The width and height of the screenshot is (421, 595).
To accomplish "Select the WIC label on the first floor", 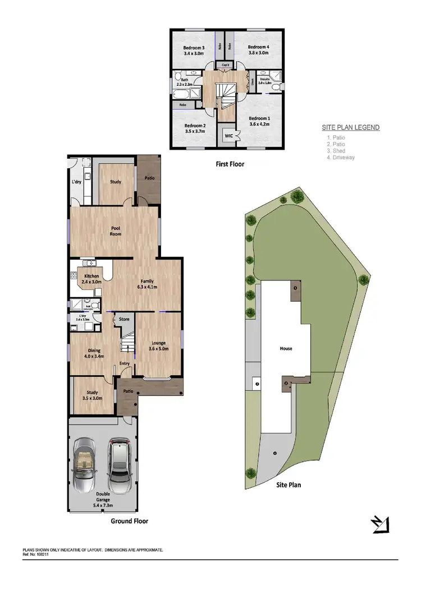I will tap(229, 136).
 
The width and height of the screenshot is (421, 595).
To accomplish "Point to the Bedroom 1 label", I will tap(259, 118).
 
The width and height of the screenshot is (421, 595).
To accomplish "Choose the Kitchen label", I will tap(91, 276).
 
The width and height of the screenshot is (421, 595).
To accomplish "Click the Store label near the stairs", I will tap(124, 319).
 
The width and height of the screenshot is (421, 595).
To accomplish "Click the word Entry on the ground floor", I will tap(123, 363).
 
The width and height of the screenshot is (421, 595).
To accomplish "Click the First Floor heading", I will tap(230, 164).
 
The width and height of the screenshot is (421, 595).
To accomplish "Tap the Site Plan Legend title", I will tap(350, 127).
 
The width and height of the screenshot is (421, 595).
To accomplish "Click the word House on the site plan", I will tap(286, 348).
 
